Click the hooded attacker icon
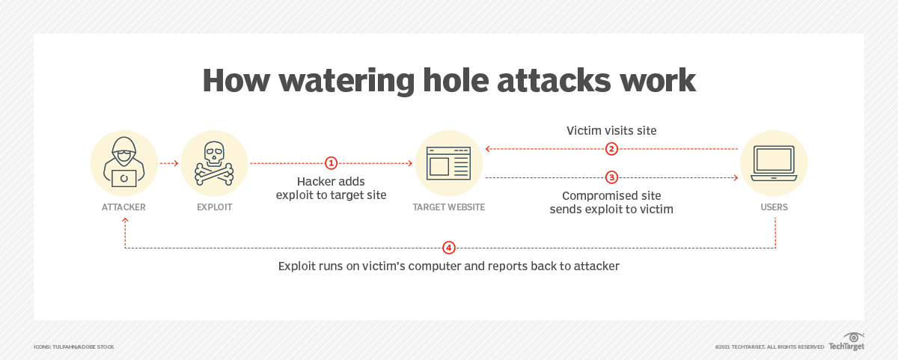[124, 162]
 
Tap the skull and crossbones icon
[214, 163]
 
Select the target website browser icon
[448, 163]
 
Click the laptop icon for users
[773, 163]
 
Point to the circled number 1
[331, 163]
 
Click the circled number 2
[611, 149]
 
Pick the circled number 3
[611, 177]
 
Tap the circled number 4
[448, 248]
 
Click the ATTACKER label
[123, 207]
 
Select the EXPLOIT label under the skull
[215, 207]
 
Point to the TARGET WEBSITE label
[448, 207]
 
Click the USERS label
[774, 207]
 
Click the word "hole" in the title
[456, 80]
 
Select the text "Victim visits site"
[611, 131]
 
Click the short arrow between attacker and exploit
[169, 163]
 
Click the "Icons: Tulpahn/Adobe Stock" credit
[74, 347]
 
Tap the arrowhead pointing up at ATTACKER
[125, 220]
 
